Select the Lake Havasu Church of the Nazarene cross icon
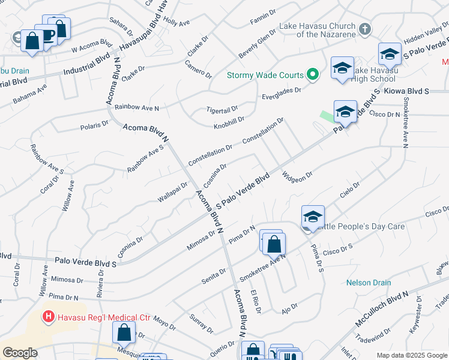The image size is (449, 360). click(364, 29)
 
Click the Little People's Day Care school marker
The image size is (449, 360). click(313, 217)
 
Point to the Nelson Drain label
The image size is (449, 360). click(369, 283)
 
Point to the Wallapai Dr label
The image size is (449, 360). click(173, 192)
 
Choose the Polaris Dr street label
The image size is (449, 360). click(95, 126)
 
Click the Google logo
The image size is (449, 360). click(20, 353)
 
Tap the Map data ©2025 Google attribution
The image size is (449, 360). click(411, 355)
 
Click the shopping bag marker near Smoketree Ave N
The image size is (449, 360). click(274, 244)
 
